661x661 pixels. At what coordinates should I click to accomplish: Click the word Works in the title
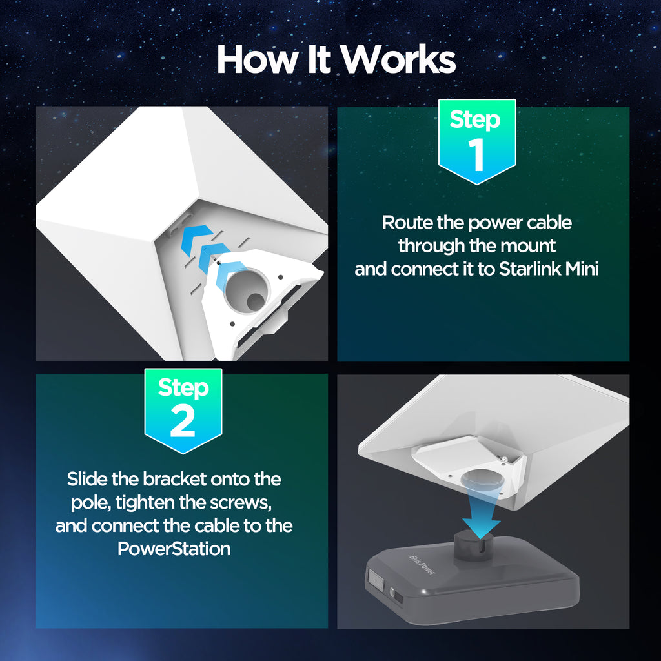[398, 59]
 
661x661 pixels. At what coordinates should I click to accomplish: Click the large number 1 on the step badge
[477, 155]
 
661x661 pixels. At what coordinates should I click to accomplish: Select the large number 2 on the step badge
[183, 421]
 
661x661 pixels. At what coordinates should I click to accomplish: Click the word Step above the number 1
[475, 119]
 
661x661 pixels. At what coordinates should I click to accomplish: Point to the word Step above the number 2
[183, 388]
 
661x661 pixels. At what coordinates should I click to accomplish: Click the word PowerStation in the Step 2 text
[174, 549]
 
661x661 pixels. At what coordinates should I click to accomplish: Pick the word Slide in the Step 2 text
[87, 479]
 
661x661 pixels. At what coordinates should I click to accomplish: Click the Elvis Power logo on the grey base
[422, 564]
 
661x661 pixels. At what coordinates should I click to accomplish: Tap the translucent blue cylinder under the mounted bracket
[482, 480]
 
